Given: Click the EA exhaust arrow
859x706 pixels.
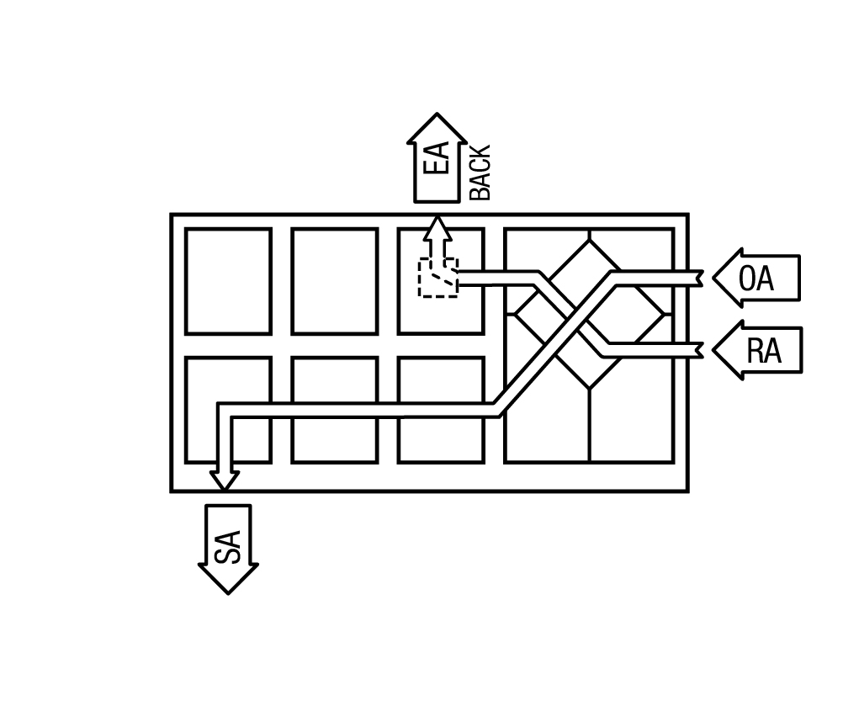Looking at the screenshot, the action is (437, 158).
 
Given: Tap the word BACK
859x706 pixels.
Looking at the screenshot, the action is (480, 173).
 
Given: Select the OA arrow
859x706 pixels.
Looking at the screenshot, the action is (756, 278).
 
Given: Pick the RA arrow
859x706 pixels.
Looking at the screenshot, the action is (758, 350).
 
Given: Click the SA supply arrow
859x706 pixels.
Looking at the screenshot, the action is (228, 549).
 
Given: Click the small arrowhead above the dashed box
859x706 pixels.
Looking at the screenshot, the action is (437, 228).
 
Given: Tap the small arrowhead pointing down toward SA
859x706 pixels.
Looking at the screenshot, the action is (224, 480).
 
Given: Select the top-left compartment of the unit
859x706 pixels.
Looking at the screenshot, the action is (229, 281).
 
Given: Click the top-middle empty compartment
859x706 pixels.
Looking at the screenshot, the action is (335, 281).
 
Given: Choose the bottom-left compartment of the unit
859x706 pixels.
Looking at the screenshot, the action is (229, 410).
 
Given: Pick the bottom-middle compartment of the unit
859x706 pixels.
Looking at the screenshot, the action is (335, 410).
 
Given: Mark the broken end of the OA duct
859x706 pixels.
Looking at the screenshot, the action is (701, 279).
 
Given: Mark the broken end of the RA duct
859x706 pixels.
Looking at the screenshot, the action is (701, 350).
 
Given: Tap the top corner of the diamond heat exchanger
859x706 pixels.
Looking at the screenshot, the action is (590, 240).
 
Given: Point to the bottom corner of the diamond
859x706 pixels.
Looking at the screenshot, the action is (590, 389).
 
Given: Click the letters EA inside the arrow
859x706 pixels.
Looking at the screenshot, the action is (437, 158).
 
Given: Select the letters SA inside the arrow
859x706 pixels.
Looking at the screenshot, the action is (228, 547).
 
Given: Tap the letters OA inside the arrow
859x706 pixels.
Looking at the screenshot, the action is (756, 279).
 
